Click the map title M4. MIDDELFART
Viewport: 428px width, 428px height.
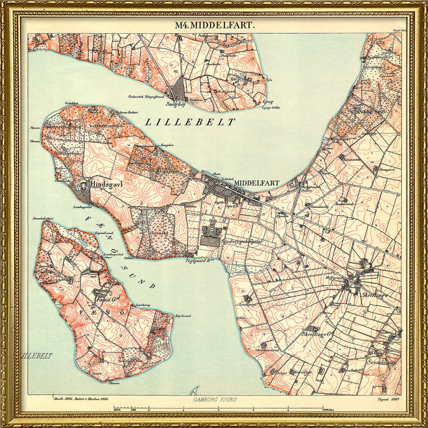tap(215, 25)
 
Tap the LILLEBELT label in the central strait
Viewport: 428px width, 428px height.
tap(190, 122)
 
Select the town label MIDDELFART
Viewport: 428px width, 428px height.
tap(257, 183)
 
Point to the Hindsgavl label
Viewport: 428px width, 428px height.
tap(108, 184)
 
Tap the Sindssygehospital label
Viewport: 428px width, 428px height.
tap(241, 242)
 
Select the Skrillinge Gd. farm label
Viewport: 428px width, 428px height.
tap(316, 334)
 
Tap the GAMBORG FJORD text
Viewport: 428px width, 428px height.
tap(215, 400)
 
